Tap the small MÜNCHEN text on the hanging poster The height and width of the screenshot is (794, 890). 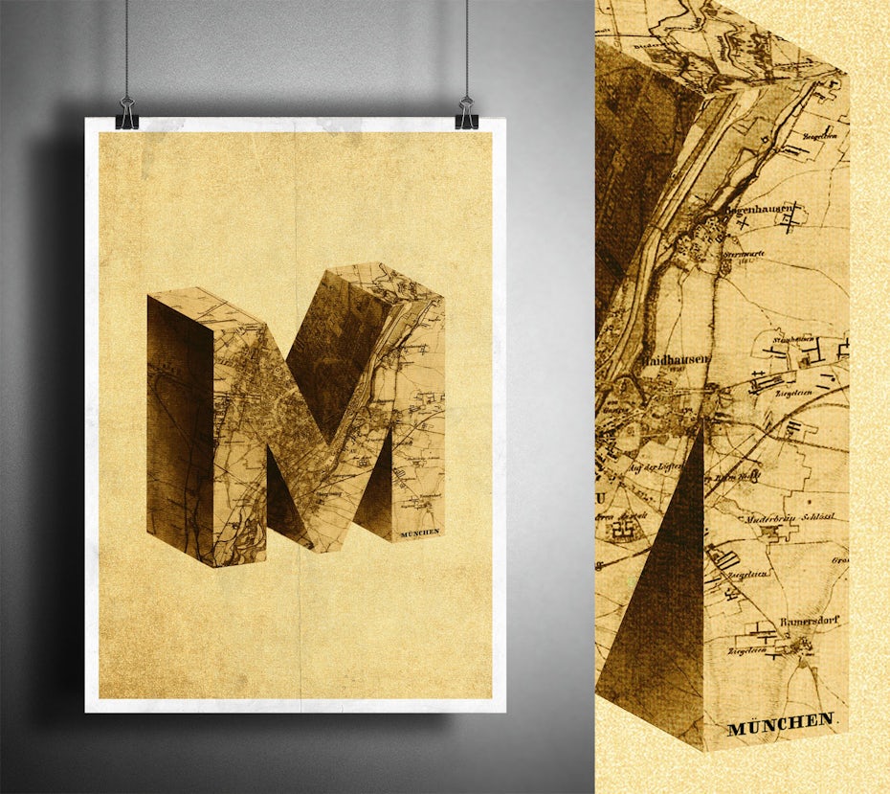(x=420, y=532)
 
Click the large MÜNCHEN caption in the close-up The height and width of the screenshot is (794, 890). (x=781, y=724)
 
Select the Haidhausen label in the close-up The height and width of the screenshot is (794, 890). (x=676, y=359)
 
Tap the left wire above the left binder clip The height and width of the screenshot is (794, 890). (x=126, y=48)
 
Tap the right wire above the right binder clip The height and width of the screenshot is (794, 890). (x=467, y=48)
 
